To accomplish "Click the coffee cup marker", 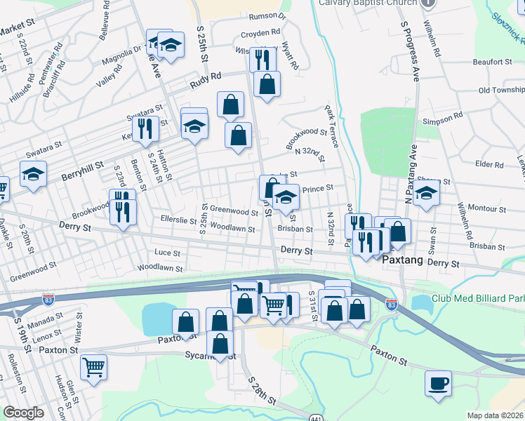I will (x=438, y=383).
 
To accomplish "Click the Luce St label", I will (x=167, y=253).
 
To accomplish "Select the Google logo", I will (x=23, y=413).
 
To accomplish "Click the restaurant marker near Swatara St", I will (x=145, y=128).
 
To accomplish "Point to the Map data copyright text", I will (x=495, y=415).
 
